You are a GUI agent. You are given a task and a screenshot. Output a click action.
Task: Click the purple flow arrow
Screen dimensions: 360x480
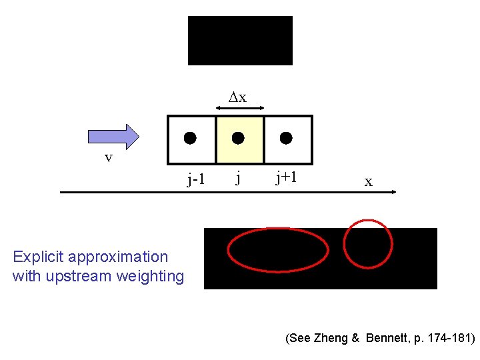[113, 136]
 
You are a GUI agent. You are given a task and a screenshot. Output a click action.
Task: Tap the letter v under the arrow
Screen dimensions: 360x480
[108, 158]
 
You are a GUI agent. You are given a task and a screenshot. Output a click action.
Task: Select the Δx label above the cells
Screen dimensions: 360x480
[238, 97]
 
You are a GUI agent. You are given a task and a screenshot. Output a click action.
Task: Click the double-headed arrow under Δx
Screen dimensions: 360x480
[241, 107]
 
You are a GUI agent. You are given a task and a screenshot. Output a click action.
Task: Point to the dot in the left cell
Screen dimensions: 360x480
[191, 139]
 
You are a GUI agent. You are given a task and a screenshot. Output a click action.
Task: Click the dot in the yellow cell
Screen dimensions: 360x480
[238, 139]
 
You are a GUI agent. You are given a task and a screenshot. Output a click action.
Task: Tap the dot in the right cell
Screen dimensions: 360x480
[286, 139]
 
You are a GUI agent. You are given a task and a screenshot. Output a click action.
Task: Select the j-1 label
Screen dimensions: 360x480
[196, 179]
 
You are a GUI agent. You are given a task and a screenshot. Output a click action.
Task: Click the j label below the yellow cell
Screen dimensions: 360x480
[238, 178]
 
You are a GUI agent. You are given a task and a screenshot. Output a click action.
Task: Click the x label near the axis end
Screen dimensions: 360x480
[368, 181]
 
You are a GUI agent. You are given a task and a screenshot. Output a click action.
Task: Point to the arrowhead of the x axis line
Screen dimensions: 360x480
[393, 192]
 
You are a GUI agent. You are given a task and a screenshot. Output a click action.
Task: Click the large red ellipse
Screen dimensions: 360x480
[278, 250]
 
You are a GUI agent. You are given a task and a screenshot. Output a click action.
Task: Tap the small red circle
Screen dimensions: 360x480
[368, 244]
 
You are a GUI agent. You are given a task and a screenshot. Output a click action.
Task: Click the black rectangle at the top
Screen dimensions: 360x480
[240, 41]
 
